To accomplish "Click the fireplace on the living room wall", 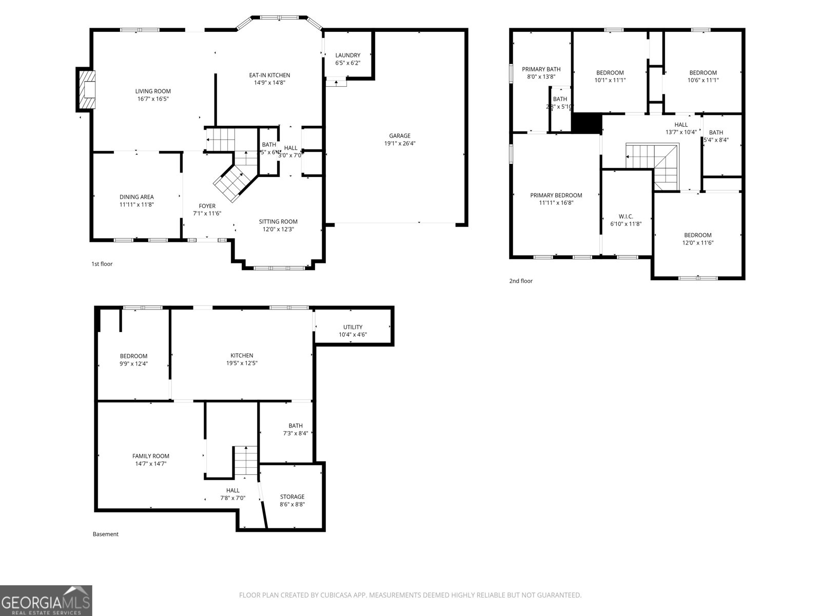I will click(86, 89).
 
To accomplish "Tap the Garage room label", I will click(399, 136).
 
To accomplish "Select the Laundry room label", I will click(348, 55).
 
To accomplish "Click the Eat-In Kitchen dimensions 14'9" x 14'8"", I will click(269, 83).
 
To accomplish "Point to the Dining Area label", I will click(136, 197).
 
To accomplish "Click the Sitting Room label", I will click(278, 222).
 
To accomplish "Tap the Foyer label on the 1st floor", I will click(207, 206).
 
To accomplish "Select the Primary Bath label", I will click(541, 69).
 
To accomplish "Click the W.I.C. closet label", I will click(626, 217).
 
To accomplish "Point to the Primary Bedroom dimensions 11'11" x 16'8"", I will click(556, 203).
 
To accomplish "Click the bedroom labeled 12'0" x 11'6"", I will click(698, 239).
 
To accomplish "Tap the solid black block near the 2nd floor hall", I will click(586, 124).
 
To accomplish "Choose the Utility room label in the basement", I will click(353, 327).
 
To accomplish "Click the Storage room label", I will click(292, 497).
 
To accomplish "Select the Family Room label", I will click(151, 456).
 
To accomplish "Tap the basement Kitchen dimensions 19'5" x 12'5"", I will click(242, 363).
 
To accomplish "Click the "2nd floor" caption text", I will click(521, 281).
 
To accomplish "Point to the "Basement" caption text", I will click(106, 534).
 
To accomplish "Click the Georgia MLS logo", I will click(46, 601).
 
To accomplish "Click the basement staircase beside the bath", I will click(246, 461).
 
